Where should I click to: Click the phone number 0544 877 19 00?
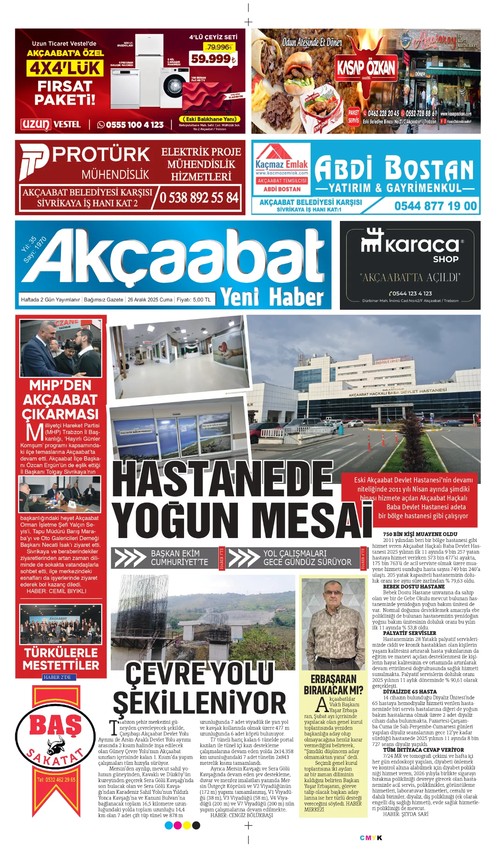click(x=435, y=206)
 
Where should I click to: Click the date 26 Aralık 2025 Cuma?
click(x=150, y=300)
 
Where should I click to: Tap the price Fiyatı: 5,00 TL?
click(x=194, y=300)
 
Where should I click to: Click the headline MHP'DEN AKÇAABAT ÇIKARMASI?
click(x=60, y=400)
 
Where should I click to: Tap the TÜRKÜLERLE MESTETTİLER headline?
click(x=61, y=659)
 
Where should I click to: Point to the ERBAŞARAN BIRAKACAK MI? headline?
click(x=333, y=685)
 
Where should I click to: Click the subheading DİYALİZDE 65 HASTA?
click(x=410, y=692)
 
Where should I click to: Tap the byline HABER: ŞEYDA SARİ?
click(x=406, y=814)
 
